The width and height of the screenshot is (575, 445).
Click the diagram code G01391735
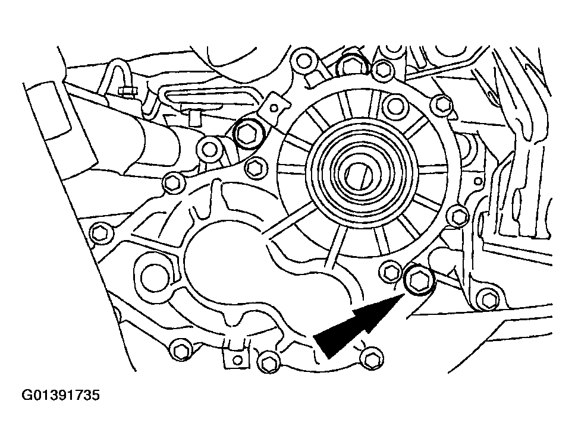coord(61,396)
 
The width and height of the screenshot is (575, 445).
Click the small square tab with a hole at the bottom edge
coord(234,358)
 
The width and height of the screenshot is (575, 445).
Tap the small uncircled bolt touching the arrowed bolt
coord(391,272)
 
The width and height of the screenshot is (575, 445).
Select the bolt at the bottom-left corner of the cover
coord(180,351)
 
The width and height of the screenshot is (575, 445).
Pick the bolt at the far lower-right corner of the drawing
coord(488,300)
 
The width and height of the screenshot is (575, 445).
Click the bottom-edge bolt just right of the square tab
coord(269,362)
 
